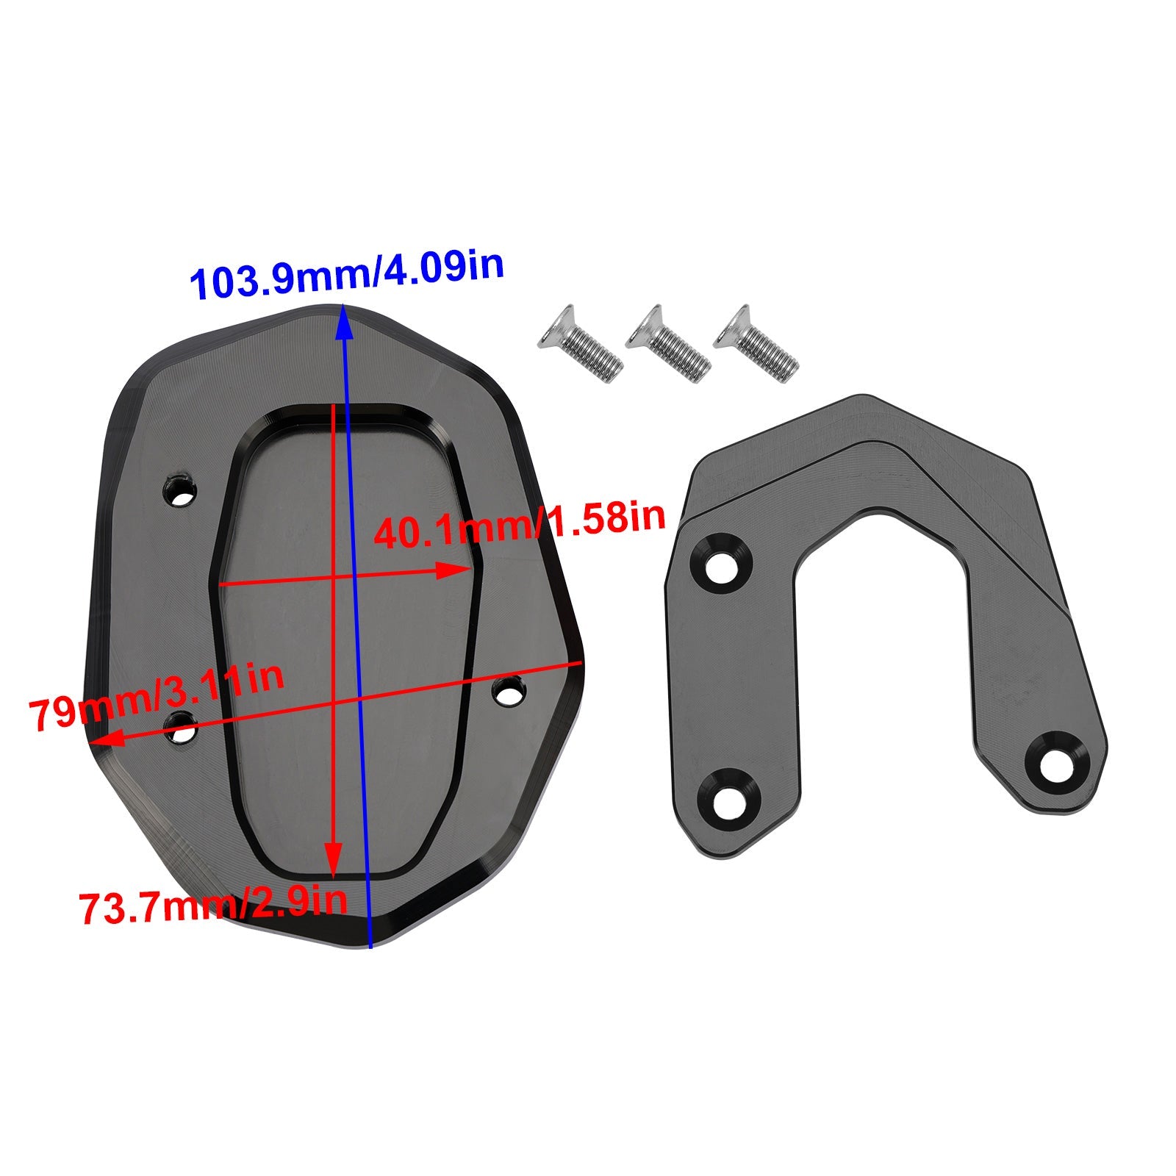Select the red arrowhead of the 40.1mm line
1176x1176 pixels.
(x=456, y=570)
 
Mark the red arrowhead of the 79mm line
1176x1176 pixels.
(x=103, y=740)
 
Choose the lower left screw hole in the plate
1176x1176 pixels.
(x=181, y=730)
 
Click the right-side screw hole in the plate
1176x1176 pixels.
(x=509, y=692)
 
